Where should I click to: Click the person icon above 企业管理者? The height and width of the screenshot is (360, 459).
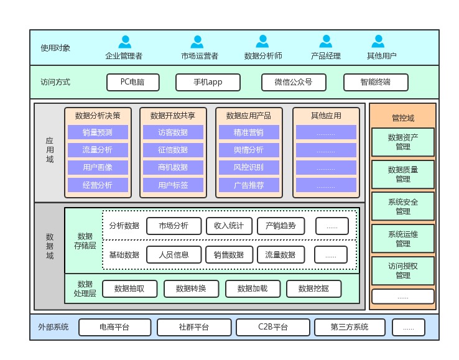click(x=124, y=42)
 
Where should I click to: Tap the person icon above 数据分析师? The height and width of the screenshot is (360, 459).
click(x=263, y=42)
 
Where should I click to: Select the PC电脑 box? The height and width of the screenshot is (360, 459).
click(x=132, y=82)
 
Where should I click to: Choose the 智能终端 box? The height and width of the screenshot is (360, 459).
click(x=376, y=82)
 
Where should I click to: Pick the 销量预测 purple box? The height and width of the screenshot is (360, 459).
click(x=98, y=132)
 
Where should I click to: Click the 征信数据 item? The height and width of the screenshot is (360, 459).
click(x=173, y=150)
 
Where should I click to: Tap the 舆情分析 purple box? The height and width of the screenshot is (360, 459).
click(x=249, y=150)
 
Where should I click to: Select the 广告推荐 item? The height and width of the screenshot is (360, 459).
click(x=249, y=185)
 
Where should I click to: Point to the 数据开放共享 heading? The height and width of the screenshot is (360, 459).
click(x=173, y=115)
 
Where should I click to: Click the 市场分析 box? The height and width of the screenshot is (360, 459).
click(x=174, y=226)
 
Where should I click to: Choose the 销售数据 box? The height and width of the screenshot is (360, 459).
click(x=229, y=254)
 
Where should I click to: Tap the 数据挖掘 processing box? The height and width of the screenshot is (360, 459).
click(x=313, y=288)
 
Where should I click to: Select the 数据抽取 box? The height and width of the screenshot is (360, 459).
click(x=129, y=288)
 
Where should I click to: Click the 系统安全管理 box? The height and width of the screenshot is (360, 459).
click(x=403, y=206)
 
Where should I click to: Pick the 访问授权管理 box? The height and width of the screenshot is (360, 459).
click(x=403, y=270)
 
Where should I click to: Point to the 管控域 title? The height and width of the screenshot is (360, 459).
click(x=403, y=118)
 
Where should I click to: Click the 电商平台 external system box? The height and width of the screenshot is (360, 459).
click(x=115, y=327)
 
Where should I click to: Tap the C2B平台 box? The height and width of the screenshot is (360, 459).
click(x=273, y=327)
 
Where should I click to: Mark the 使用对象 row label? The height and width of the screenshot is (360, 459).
click(x=55, y=48)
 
